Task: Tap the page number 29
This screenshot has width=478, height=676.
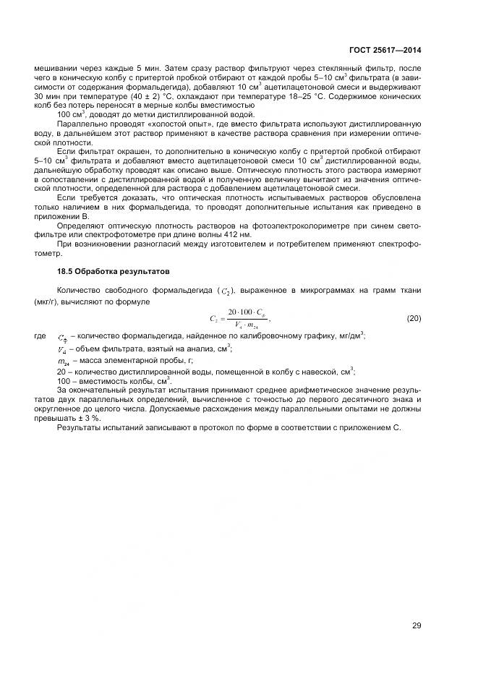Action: [417, 625]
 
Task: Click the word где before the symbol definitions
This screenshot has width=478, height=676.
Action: [40, 335]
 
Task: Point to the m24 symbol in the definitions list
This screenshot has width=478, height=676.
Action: [63, 360]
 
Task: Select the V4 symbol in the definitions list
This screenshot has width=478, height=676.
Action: [62, 348]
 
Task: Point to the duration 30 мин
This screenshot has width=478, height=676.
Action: [48, 95]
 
